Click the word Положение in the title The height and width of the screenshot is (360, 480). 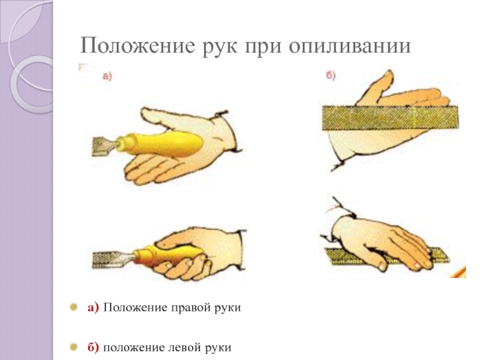137,46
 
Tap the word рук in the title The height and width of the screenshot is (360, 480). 220,47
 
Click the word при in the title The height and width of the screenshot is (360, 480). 263,47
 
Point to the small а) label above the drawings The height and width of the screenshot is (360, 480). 107,76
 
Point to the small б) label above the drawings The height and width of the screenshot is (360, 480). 331,75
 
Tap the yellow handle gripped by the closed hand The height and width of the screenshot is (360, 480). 169,253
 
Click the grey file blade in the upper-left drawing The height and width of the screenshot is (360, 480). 104,147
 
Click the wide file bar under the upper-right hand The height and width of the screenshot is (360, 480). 390,118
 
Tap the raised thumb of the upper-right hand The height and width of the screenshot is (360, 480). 375,89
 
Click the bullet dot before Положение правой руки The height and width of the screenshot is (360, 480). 73,307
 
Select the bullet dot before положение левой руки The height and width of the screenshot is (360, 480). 73,347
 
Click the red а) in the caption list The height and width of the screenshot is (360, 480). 94,307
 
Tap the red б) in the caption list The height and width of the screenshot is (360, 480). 94,347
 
